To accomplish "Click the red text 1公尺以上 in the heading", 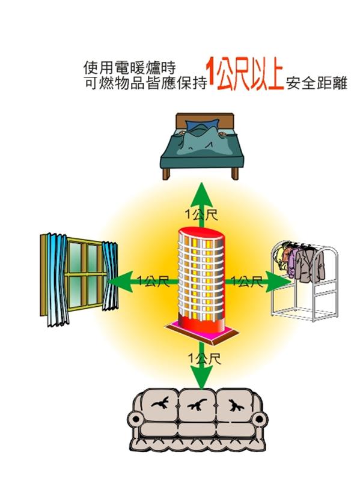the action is (x=245, y=74).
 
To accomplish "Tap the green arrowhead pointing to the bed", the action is (x=201, y=193).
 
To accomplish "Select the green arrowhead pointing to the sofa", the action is (x=200, y=377).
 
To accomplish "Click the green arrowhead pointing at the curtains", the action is (x=120, y=281).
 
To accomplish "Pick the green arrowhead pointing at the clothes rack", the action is (x=278, y=281).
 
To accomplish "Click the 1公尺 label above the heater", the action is (x=201, y=215).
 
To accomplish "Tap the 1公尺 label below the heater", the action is (x=204, y=358).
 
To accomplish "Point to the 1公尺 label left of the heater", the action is (x=153, y=281).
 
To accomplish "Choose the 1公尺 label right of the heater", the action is (x=246, y=281).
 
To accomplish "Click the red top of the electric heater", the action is (x=201, y=233).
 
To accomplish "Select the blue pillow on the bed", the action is (x=203, y=124).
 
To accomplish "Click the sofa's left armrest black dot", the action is (x=135, y=420).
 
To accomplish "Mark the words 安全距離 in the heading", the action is (x=317, y=83).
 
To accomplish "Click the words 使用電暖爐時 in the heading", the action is (x=129, y=68).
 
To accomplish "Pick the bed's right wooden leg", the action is (x=234, y=174).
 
